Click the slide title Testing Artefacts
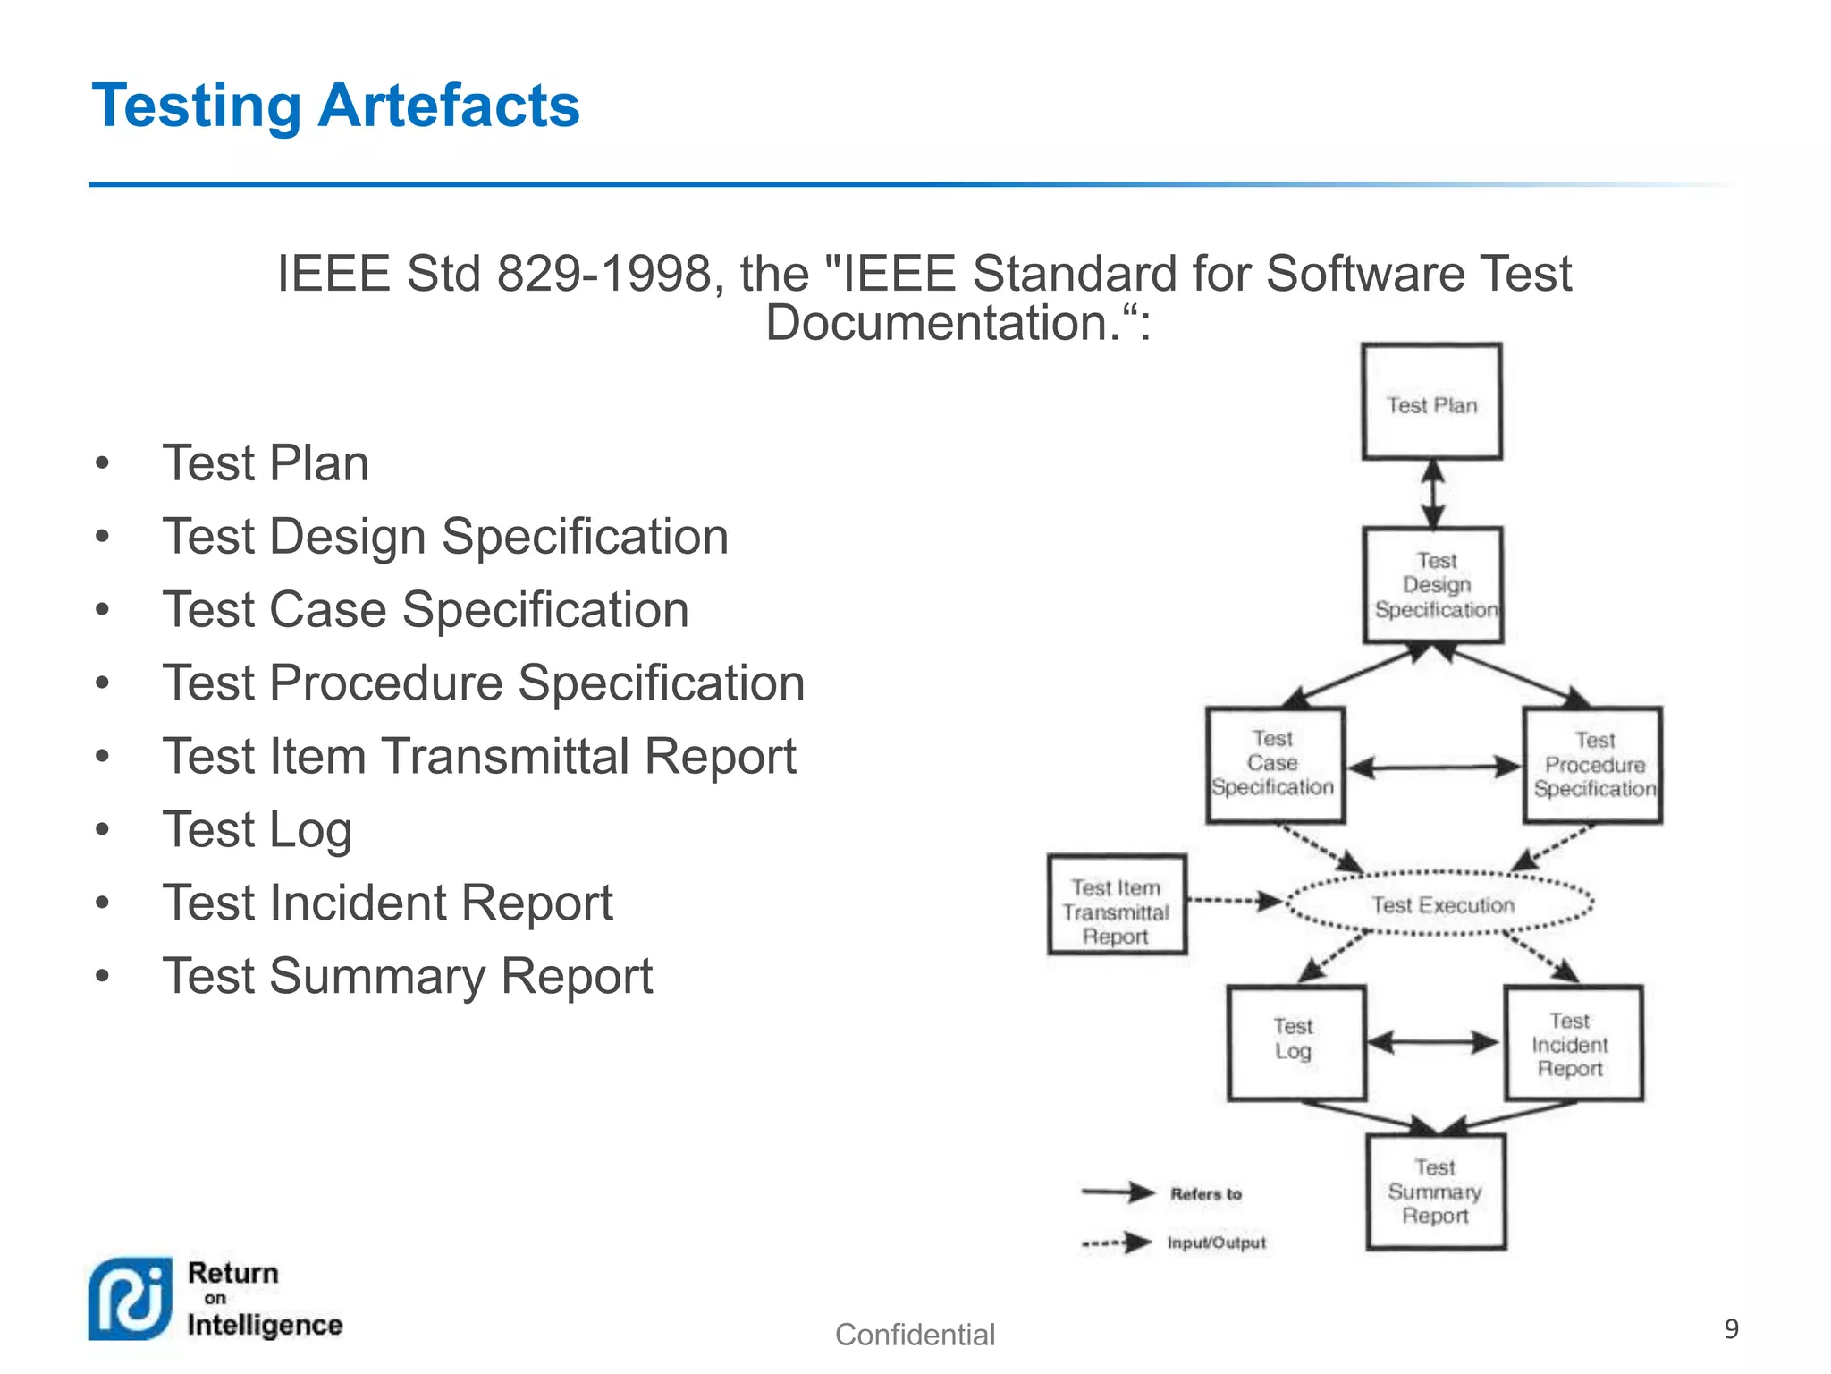pyautogui.click(x=335, y=106)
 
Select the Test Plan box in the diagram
pyautogui.click(x=1431, y=403)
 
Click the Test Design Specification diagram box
pyautogui.click(x=1434, y=585)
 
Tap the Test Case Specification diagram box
pyautogui.click(x=1274, y=764)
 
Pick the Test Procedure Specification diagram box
pyautogui.click(x=1593, y=765)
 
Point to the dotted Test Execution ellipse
pyautogui.click(x=1441, y=904)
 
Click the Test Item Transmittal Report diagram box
pyautogui.click(x=1116, y=905)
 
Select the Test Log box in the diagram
pyautogui.click(x=1295, y=1043)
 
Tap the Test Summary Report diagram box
pyautogui.click(x=1435, y=1192)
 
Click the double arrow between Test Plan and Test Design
pyautogui.click(x=1433, y=494)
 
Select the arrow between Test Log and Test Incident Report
pyautogui.click(x=1433, y=1042)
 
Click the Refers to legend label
pyautogui.click(x=1205, y=1193)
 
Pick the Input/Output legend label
pyautogui.click(x=1216, y=1243)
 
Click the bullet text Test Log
pyautogui.click(x=257, y=829)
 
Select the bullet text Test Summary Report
pyautogui.click(x=408, y=976)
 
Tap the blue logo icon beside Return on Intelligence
pyautogui.click(x=131, y=1299)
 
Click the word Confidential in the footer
pyautogui.click(x=915, y=1335)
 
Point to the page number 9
pyautogui.click(x=1731, y=1329)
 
